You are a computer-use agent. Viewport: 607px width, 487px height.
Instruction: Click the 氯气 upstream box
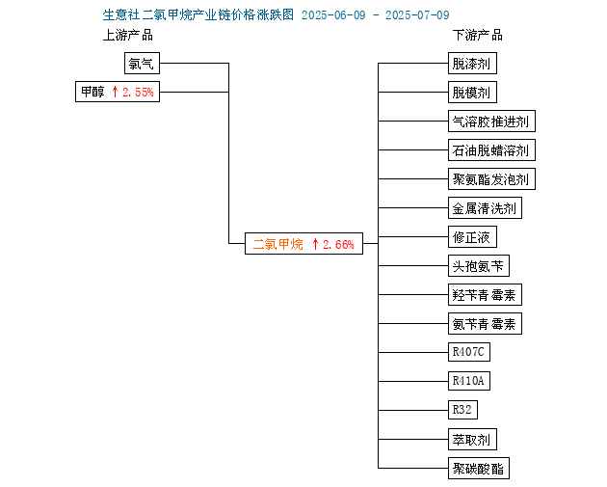click(142, 63)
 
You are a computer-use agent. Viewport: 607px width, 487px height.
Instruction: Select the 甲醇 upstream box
click(118, 92)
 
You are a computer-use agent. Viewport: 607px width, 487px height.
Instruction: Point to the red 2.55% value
click(138, 93)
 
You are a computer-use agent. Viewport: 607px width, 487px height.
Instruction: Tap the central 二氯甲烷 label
click(277, 244)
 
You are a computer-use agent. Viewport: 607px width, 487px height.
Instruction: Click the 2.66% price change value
click(338, 245)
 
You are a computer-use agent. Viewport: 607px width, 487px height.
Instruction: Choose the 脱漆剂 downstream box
click(472, 63)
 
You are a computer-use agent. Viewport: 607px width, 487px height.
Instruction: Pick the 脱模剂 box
click(472, 93)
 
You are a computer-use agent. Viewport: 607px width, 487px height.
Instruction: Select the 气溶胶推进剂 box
click(491, 122)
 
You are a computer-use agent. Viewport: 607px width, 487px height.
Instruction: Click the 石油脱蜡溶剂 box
click(491, 149)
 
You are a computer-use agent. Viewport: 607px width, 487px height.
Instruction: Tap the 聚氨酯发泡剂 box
click(491, 179)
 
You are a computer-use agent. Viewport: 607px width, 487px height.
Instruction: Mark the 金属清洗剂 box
click(485, 208)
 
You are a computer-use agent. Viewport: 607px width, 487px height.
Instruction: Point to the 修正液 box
click(472, 236)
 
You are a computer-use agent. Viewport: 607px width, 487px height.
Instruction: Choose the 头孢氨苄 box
click(479, 266)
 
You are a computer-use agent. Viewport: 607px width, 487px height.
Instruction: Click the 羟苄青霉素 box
click(485, 295)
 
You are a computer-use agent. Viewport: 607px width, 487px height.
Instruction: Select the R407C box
click(469, 352)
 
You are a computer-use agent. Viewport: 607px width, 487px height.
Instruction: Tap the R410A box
click(469, 381)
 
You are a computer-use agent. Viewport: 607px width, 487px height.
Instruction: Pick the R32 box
click(462, 410)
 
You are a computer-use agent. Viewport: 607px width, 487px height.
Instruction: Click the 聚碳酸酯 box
click(479, 469)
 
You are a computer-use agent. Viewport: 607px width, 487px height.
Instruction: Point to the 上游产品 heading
click(128, 36)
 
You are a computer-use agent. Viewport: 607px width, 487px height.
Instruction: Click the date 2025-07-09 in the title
click(417, 15)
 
